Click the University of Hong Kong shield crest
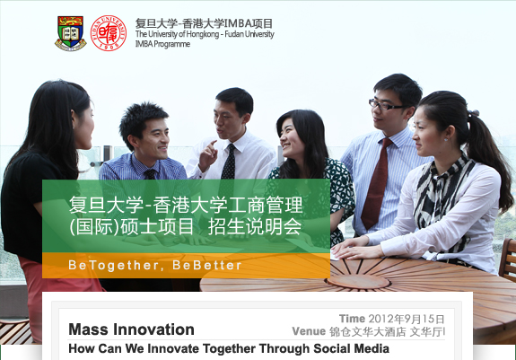[x=70, y=33]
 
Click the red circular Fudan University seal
[x=109, y=33]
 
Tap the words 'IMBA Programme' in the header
[x=162, y=44]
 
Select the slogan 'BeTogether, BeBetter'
[x=155, y=265]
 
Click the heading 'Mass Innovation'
[x=131, y=329]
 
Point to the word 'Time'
[x=352, y=319]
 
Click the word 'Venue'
[x=309, y=331]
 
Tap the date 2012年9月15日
[x=407, y=319]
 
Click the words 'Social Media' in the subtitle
[x=351, y=348]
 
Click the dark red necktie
[x=377, y=183]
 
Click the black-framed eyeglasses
[x=385, y=105]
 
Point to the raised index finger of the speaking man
[x=213, y=144]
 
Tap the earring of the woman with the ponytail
[x=446, y=139]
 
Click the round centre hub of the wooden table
[x=358, y=282]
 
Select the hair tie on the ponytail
[x=474, y=113]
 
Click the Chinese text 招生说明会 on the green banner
[x=255, y=226]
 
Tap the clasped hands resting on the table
[x=352, y=249]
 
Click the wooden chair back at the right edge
[x=508, y=259]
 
